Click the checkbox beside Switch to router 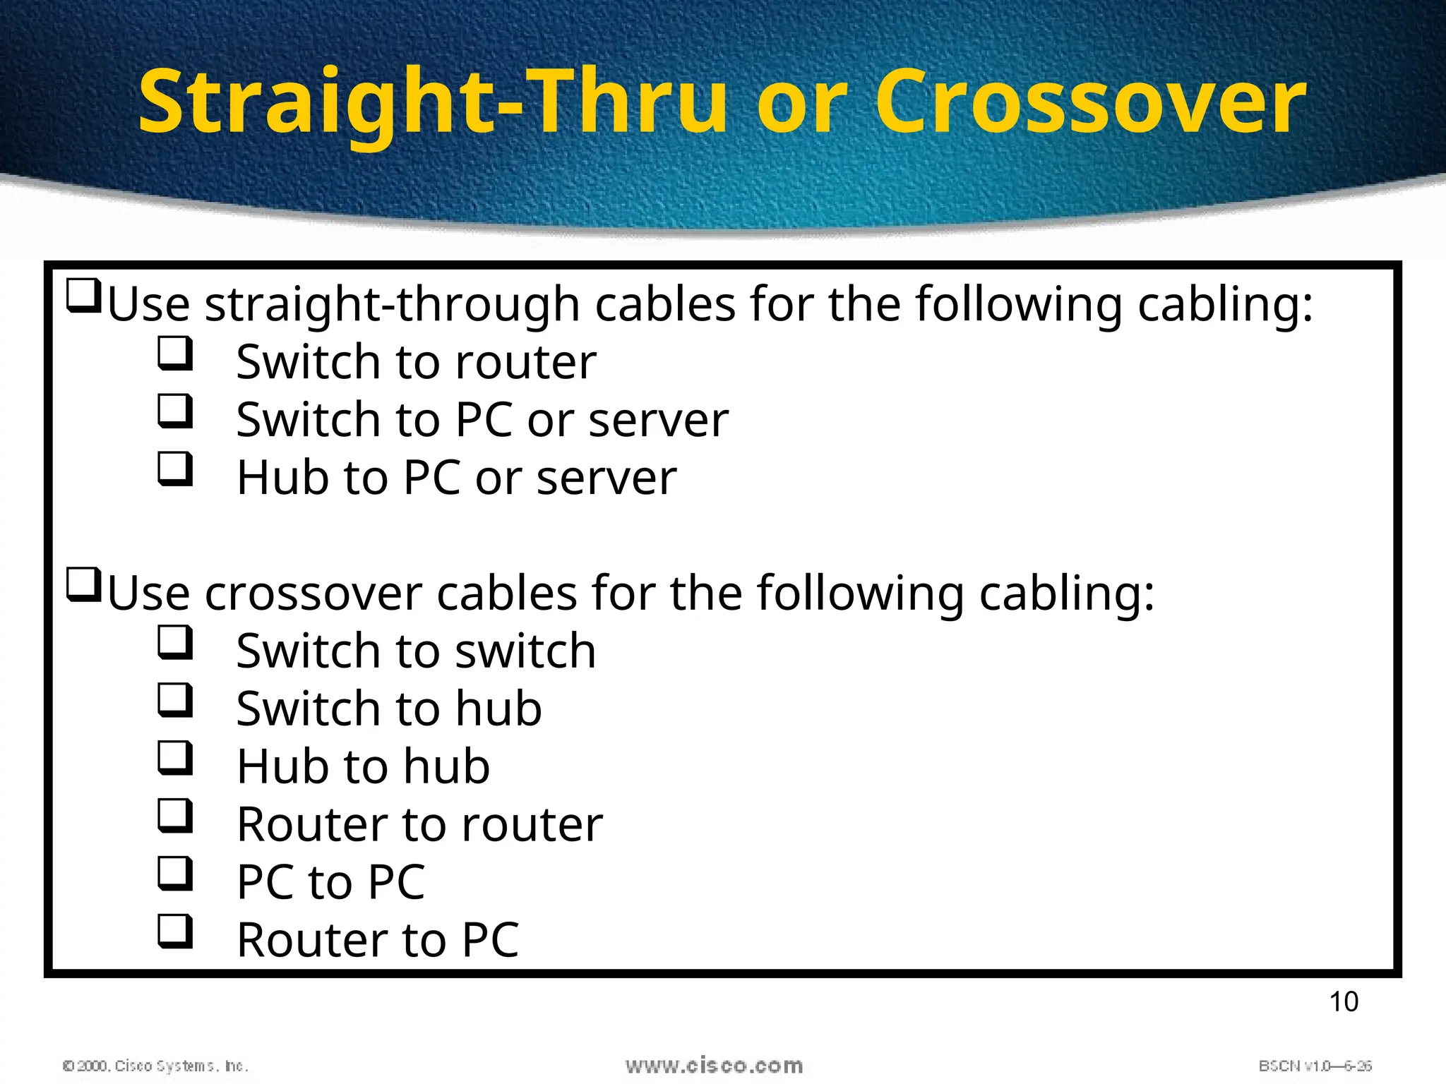174,353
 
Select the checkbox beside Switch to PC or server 174,411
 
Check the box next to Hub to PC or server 174,469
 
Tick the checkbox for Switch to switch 174,642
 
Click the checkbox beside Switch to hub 174,699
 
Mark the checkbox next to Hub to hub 174,757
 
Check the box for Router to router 174,815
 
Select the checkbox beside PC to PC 174,873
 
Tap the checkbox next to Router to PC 174,931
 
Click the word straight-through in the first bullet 393,305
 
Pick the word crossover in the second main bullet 313,594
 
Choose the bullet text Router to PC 378,940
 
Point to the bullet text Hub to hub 363,766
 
